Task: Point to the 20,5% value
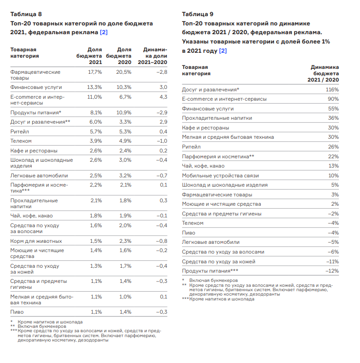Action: (x=124, y=72)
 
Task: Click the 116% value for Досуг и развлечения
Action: (x=332, y=90)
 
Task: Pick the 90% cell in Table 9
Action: (x=334, y=99)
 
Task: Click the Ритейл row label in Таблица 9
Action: (x=191, y=147)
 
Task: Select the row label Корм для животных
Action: (x=36, y=241)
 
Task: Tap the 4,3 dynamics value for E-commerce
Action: (x=164, y=97)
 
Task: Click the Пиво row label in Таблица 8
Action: (x=17, y=312)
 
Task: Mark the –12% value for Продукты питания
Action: (x=332, y=271)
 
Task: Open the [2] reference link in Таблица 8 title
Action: (x=104, y=33)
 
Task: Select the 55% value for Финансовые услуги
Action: (x=334, y=108)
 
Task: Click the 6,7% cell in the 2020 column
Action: (x=125, y=97)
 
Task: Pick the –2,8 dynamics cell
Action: (x=162, y=72)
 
